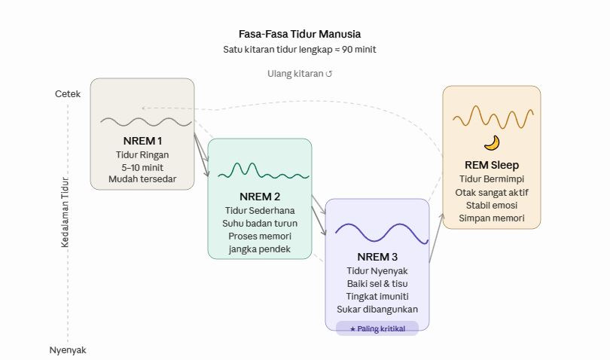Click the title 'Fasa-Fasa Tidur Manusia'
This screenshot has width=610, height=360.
(x=300, y=34)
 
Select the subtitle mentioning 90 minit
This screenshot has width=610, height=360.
(x=300, y=50)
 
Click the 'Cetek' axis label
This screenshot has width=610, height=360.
(x=68, y=94)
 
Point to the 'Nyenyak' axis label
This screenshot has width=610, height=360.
(x=68, y=350)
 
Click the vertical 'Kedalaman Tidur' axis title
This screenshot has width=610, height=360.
(x=65, y=212)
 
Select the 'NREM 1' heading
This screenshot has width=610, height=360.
(x=142, y=141)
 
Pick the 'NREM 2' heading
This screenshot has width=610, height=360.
(x=260, y=197)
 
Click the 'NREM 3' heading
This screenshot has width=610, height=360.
(x=377, y=257)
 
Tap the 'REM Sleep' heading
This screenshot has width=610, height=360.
(x=492, y=165)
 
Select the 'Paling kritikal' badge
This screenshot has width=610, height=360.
(x=377, y=328)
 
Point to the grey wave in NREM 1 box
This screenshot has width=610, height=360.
(x=146, y=122)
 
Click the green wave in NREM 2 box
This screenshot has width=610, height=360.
(x=264, y=171)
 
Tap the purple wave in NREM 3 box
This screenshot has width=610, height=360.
(x=382, y=233)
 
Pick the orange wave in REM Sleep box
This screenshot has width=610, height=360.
(x=493, y=117)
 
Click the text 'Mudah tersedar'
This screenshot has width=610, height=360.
(x=142, y=179)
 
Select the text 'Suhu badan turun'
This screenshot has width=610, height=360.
(x=260, y=224)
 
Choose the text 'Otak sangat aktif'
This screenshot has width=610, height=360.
(x=492, y=193)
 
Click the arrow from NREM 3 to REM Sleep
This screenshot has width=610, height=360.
(x=436, y=237)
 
